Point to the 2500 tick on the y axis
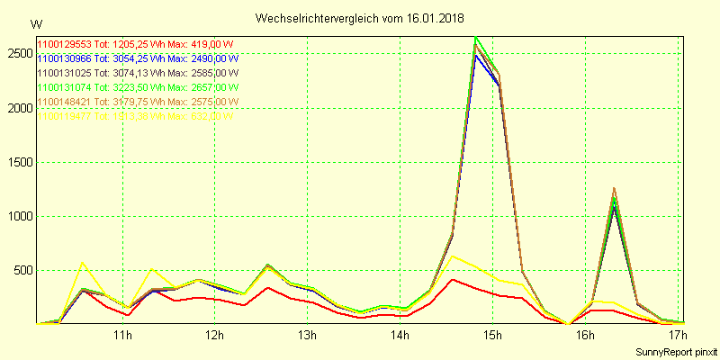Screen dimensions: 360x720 click(x=19, y=54)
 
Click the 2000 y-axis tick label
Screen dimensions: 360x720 click(x=19, y=108)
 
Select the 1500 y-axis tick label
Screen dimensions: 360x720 click(x=19, y=162)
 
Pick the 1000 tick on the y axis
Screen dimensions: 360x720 click(x=19, y=216)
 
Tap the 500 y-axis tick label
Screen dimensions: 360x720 click(x=22, y=270)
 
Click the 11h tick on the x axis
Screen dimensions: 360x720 click(x=122, y=336)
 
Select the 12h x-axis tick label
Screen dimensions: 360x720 click(x=215, y=336)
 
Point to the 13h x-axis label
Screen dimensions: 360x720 click(x=308, y=336)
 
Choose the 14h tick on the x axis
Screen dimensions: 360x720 click(x=400, y=336)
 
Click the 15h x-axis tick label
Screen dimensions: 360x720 click(x=492, y=336)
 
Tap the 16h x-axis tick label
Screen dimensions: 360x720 click(x=585, y=336)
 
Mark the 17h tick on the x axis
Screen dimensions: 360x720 click(x=678, y=336)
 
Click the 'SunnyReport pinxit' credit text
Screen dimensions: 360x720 click(x=675, y=350)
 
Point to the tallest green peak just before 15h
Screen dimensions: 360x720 click(x=475, y=38)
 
